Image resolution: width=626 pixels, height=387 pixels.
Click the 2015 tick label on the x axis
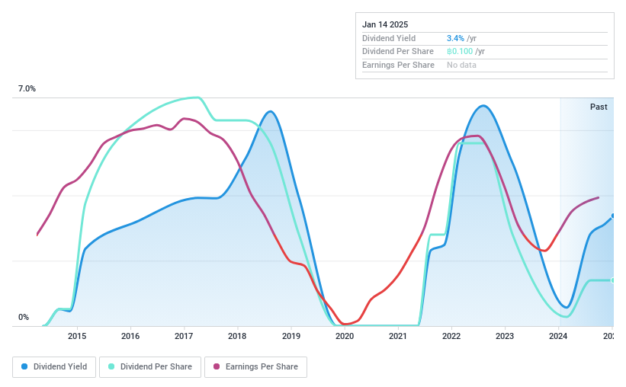[x=76, y=336]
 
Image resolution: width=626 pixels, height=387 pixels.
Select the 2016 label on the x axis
[x=130, y=336]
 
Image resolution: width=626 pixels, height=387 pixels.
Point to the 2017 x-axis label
[x=184, y=336]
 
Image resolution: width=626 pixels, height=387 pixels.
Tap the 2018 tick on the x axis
[x=237, y=336]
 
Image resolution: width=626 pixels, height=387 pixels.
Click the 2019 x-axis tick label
[x=291, y=336]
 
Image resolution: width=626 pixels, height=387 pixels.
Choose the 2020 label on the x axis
[x=345, y=336]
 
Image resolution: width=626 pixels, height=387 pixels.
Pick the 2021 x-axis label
[x=398, y=336]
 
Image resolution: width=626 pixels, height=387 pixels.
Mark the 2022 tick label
[x=451, y=336]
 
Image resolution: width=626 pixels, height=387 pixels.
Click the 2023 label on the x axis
[x=506, y=336]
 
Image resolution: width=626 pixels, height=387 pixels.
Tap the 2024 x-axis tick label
[x=559, y=336]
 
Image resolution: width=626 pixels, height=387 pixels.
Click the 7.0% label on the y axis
[x=27, y=89]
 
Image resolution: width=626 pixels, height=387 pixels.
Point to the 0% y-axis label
[x=24, y=318]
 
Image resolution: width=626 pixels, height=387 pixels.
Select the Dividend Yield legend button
[x=55, y=366]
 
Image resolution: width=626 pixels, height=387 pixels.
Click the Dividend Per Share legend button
[x=150, y=366]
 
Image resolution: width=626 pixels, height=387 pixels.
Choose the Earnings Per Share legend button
[x=255, y=366]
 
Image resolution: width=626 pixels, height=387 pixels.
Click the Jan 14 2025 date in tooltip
[x=385, y=24]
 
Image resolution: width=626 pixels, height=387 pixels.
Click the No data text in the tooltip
[x=462, y=66]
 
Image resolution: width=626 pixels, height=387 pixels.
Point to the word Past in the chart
[x=599, y=107]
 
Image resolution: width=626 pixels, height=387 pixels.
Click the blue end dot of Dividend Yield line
[x=613, y=216]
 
